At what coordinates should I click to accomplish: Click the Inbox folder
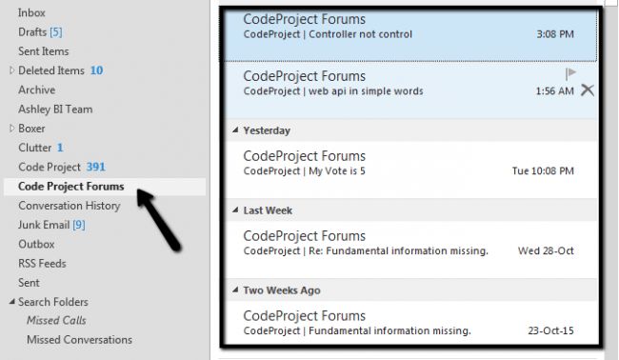click(31, 12)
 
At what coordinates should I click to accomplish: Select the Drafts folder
click(32, 31)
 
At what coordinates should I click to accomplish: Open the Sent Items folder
click(43, 50)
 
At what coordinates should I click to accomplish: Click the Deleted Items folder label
click(51, 70)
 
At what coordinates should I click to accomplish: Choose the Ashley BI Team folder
click(55, 109)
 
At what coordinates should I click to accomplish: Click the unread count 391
click(96, 167)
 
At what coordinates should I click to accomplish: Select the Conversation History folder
click(69, 205)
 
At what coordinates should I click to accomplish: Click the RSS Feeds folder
click(42, 263)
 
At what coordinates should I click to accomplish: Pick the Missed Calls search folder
click(56, 320)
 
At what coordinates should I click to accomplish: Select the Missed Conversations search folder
click(79, 339)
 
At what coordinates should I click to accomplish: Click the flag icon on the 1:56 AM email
click(570, 73)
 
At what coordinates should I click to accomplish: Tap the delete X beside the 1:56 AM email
click(587, 90)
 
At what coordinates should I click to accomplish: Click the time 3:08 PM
click(555, 34)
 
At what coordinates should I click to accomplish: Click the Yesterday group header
click(266, 130)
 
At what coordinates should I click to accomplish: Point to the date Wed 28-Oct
click(546, 250)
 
